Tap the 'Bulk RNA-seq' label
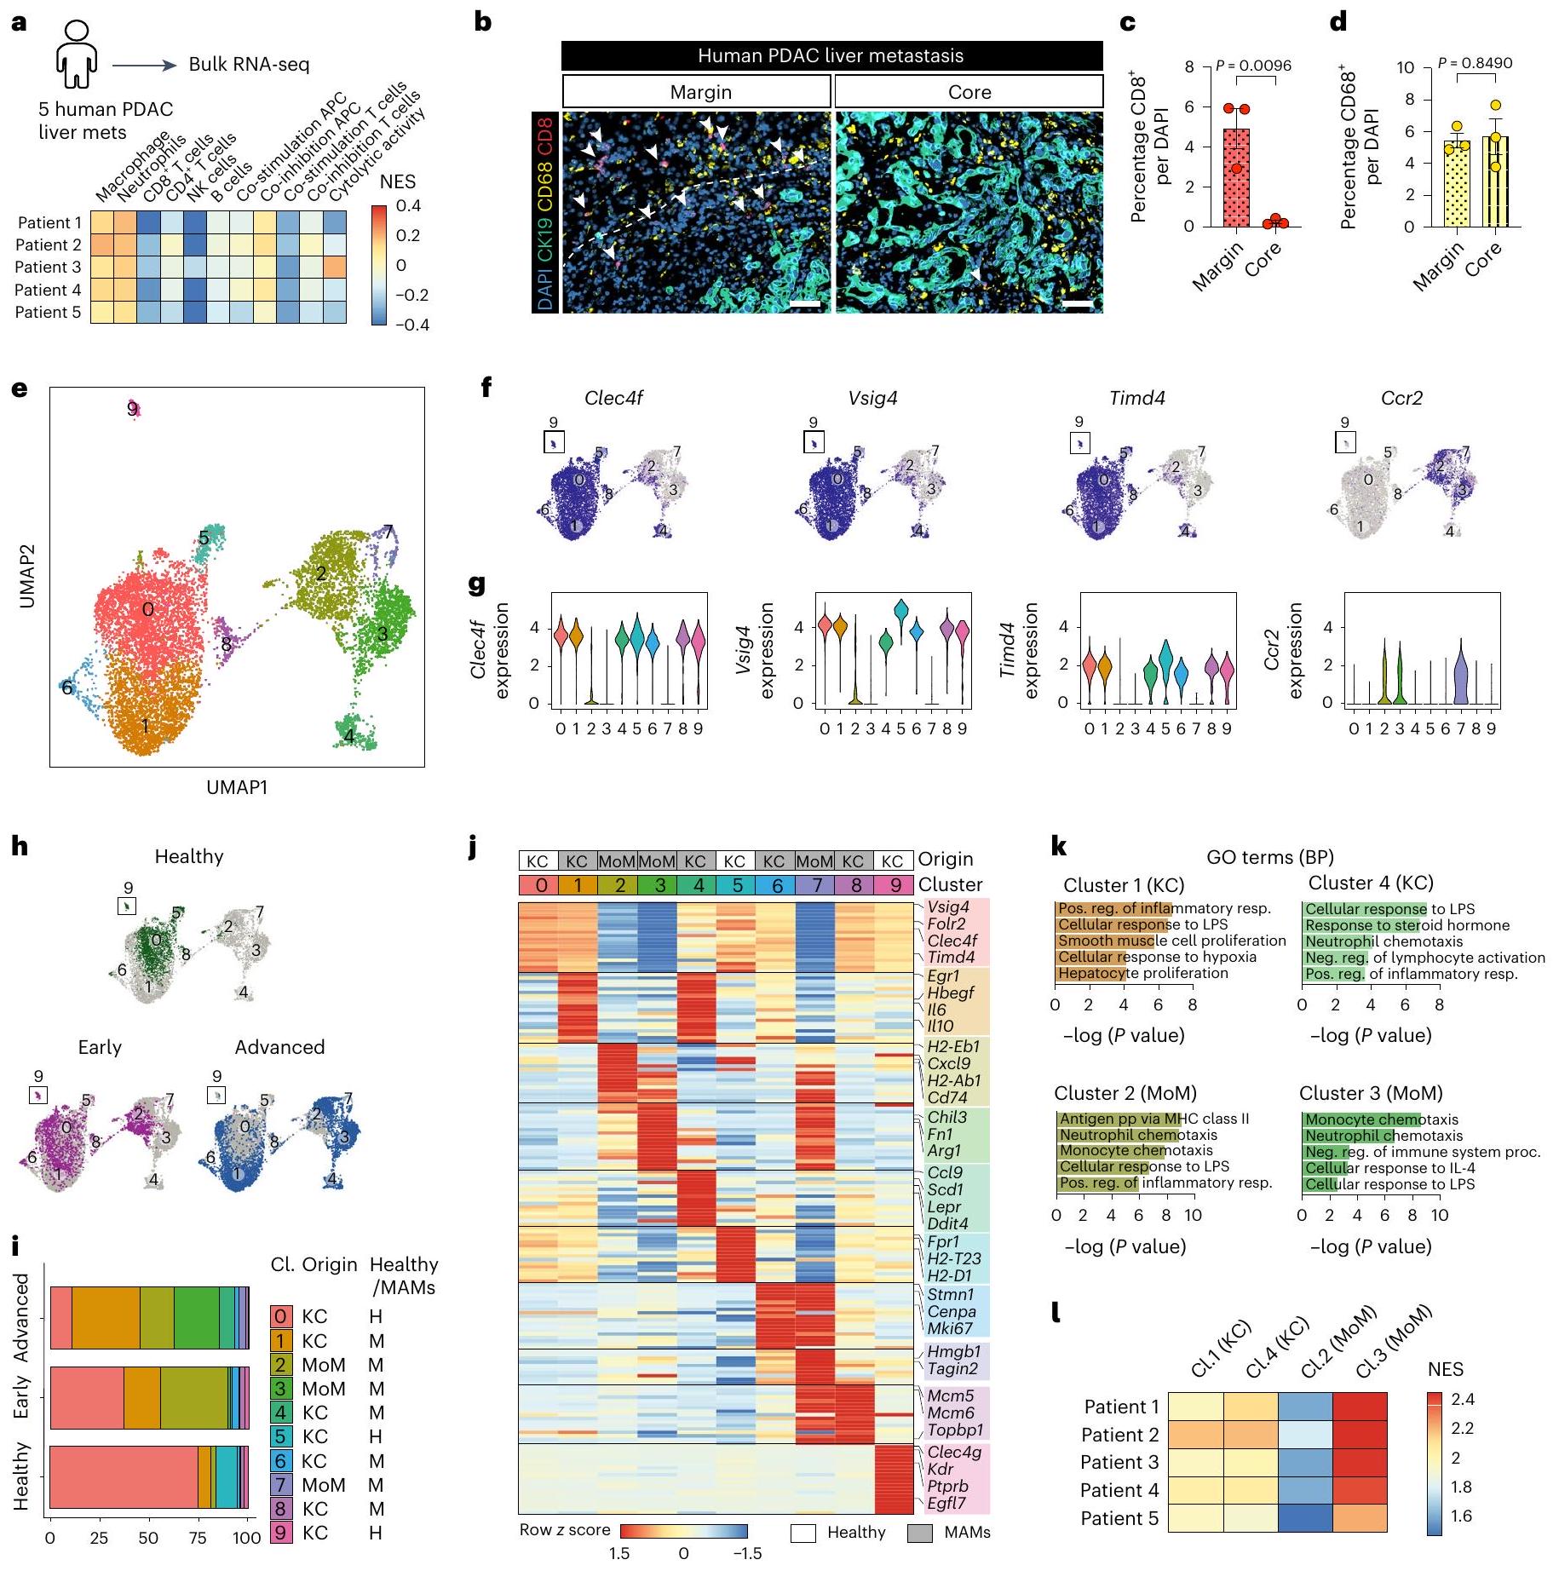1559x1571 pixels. [x=249, y=65]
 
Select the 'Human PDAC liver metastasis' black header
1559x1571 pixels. [x=831, y=56]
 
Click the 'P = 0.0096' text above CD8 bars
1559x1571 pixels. [x=1253, y=66]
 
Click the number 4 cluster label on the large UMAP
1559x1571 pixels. [x=348, y=734]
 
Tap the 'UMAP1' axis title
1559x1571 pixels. [x=237, y=787]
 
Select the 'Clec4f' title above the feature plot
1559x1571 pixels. [x=613, y=398]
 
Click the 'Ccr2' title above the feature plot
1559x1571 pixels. [x=1401, y=398]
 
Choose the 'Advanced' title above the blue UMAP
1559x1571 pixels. [x=279, y=1047]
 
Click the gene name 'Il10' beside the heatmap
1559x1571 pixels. [x=941, y=1026]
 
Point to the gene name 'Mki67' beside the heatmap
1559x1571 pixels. [x=950, y=1328]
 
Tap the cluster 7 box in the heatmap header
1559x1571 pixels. [x=815, y=885]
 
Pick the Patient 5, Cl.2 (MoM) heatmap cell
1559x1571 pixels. [x=1305, y=1518]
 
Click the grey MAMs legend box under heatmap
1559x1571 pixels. [x=919, y=1533]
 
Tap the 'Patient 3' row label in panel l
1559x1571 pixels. [x=1119, y=1462]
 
